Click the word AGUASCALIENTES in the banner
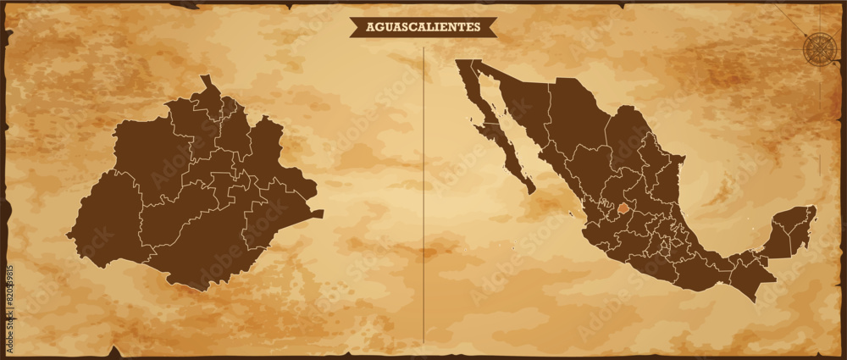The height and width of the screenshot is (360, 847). point(423,27)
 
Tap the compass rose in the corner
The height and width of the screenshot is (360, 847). point(819,47)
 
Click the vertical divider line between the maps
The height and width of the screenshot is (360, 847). point(423,195)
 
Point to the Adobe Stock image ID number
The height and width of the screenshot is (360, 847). point(9,291)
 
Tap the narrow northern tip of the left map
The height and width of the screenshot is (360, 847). point(204,81)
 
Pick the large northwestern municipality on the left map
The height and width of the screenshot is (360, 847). point(152,152)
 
